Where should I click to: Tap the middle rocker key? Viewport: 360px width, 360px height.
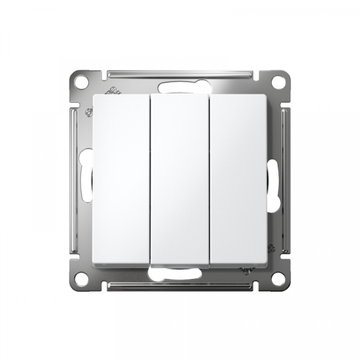pos(179,180)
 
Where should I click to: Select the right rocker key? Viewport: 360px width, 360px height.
pos(238,180)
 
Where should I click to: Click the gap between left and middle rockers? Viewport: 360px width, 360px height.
pos(149,180)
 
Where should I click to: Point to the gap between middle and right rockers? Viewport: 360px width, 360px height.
pos(209,180)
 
